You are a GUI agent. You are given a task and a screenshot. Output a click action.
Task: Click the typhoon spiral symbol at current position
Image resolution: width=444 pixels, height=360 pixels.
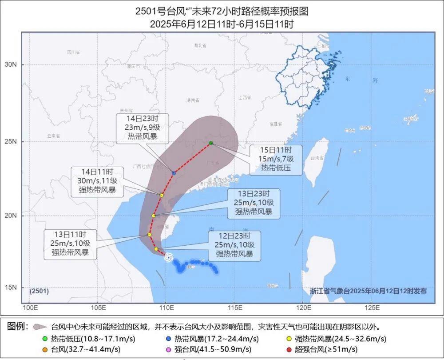click(x=168, y=257)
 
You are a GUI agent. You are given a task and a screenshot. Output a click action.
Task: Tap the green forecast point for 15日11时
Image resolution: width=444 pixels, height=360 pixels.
click(x=211, y=143)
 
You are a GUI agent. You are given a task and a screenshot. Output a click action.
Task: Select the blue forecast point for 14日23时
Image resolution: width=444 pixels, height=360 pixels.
click(x=174, y=172)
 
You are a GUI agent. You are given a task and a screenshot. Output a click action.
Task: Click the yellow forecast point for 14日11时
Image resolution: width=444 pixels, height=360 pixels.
click(x=162, y=195)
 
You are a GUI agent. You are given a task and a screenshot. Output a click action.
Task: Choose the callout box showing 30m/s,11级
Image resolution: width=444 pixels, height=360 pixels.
click(x=96, y=181)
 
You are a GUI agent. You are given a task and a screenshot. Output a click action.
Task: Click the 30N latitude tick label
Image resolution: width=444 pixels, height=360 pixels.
click(x=11, y=65)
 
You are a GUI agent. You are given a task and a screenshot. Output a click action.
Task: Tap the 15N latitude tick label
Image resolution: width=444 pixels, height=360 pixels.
click(x=11, y=288)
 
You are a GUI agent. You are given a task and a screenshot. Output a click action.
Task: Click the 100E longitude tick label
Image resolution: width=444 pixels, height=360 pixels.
click(x=29, y=308)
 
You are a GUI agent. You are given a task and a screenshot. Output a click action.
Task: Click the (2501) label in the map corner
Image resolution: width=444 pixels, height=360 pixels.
click(x=39, y=291)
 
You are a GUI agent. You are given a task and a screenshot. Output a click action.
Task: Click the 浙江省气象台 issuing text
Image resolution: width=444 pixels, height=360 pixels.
click(x=368, y=291)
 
